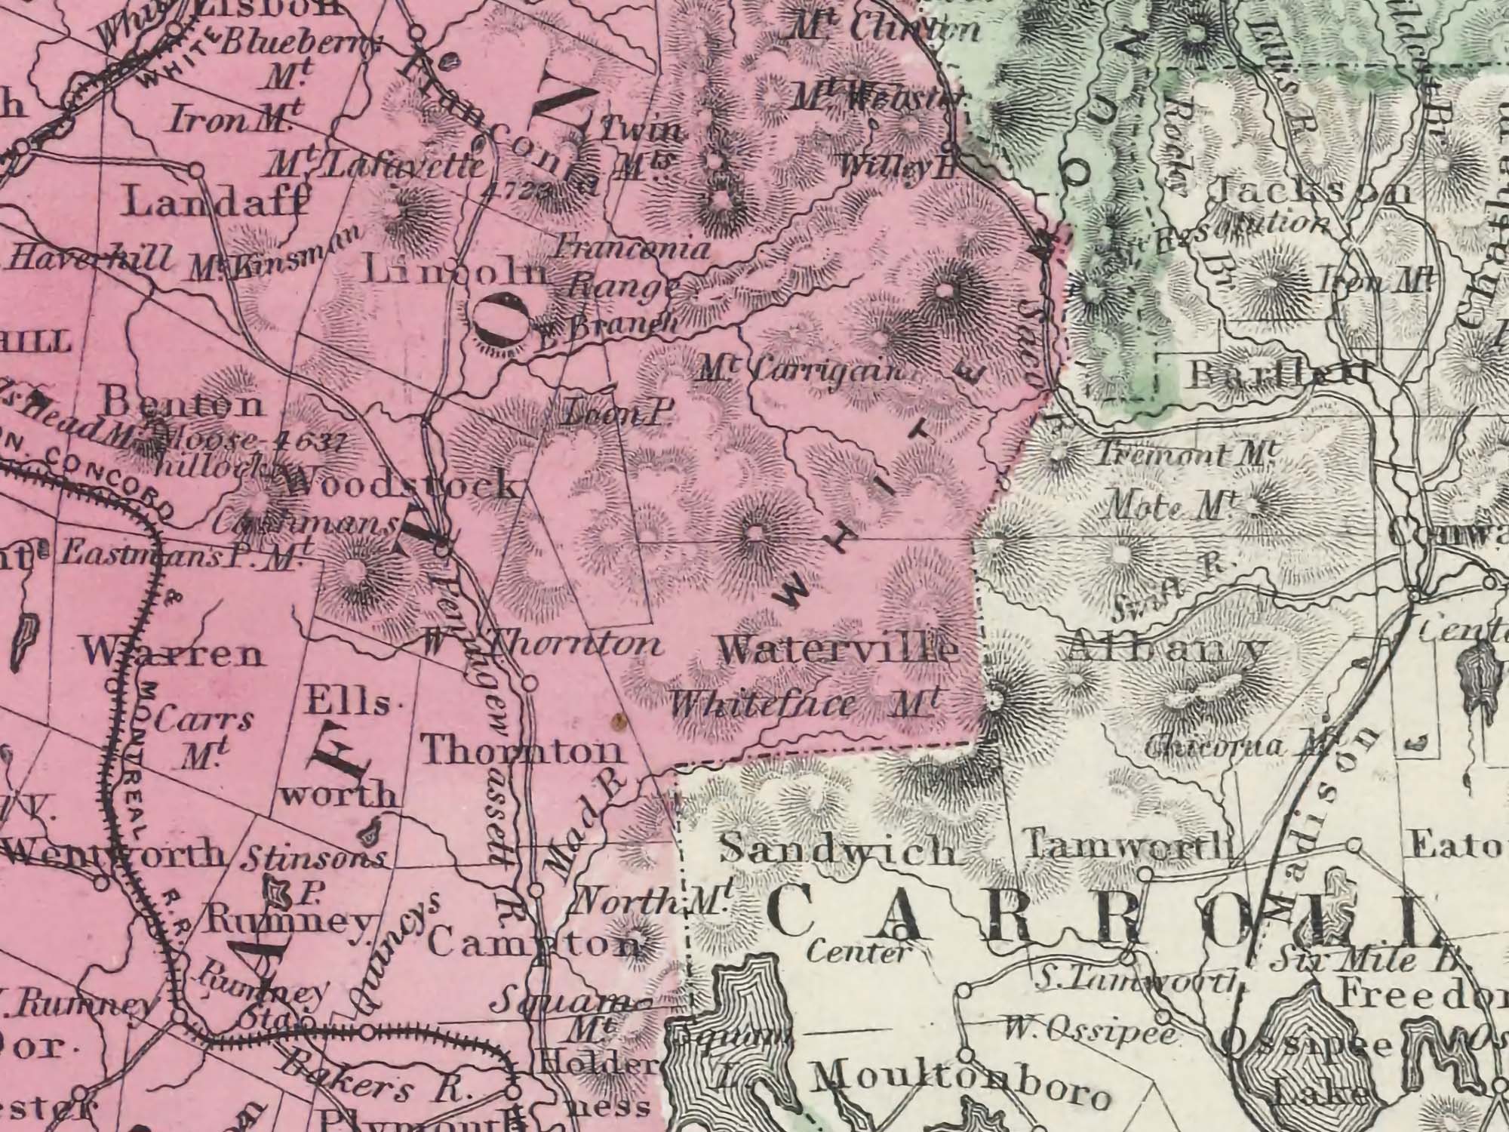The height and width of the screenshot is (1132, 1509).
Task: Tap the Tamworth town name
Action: (x=1124, y=844)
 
